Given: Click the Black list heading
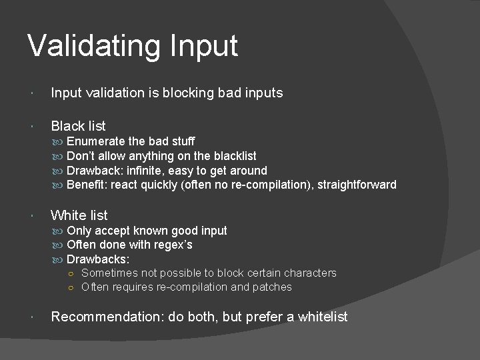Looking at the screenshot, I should pyautogui.click(x=78, y=125).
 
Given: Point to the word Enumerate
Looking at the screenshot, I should pyautogui.click(x=96, y=141).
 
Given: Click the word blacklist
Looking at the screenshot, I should pyautogui.click(x=235, y=156).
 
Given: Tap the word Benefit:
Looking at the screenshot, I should pyautogui.click(x=87, y=185).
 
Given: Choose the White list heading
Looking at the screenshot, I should pyautogui.click(x=79, y=215).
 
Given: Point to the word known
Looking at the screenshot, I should pyautogui.click(x=151, y=231).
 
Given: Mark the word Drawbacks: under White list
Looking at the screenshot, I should pyautogui.click(x=98, y=259).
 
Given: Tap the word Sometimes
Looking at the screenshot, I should pyautogui.click(x=110, y=273).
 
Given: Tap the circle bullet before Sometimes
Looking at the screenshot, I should pyautogui.click(x=71, y=273).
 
